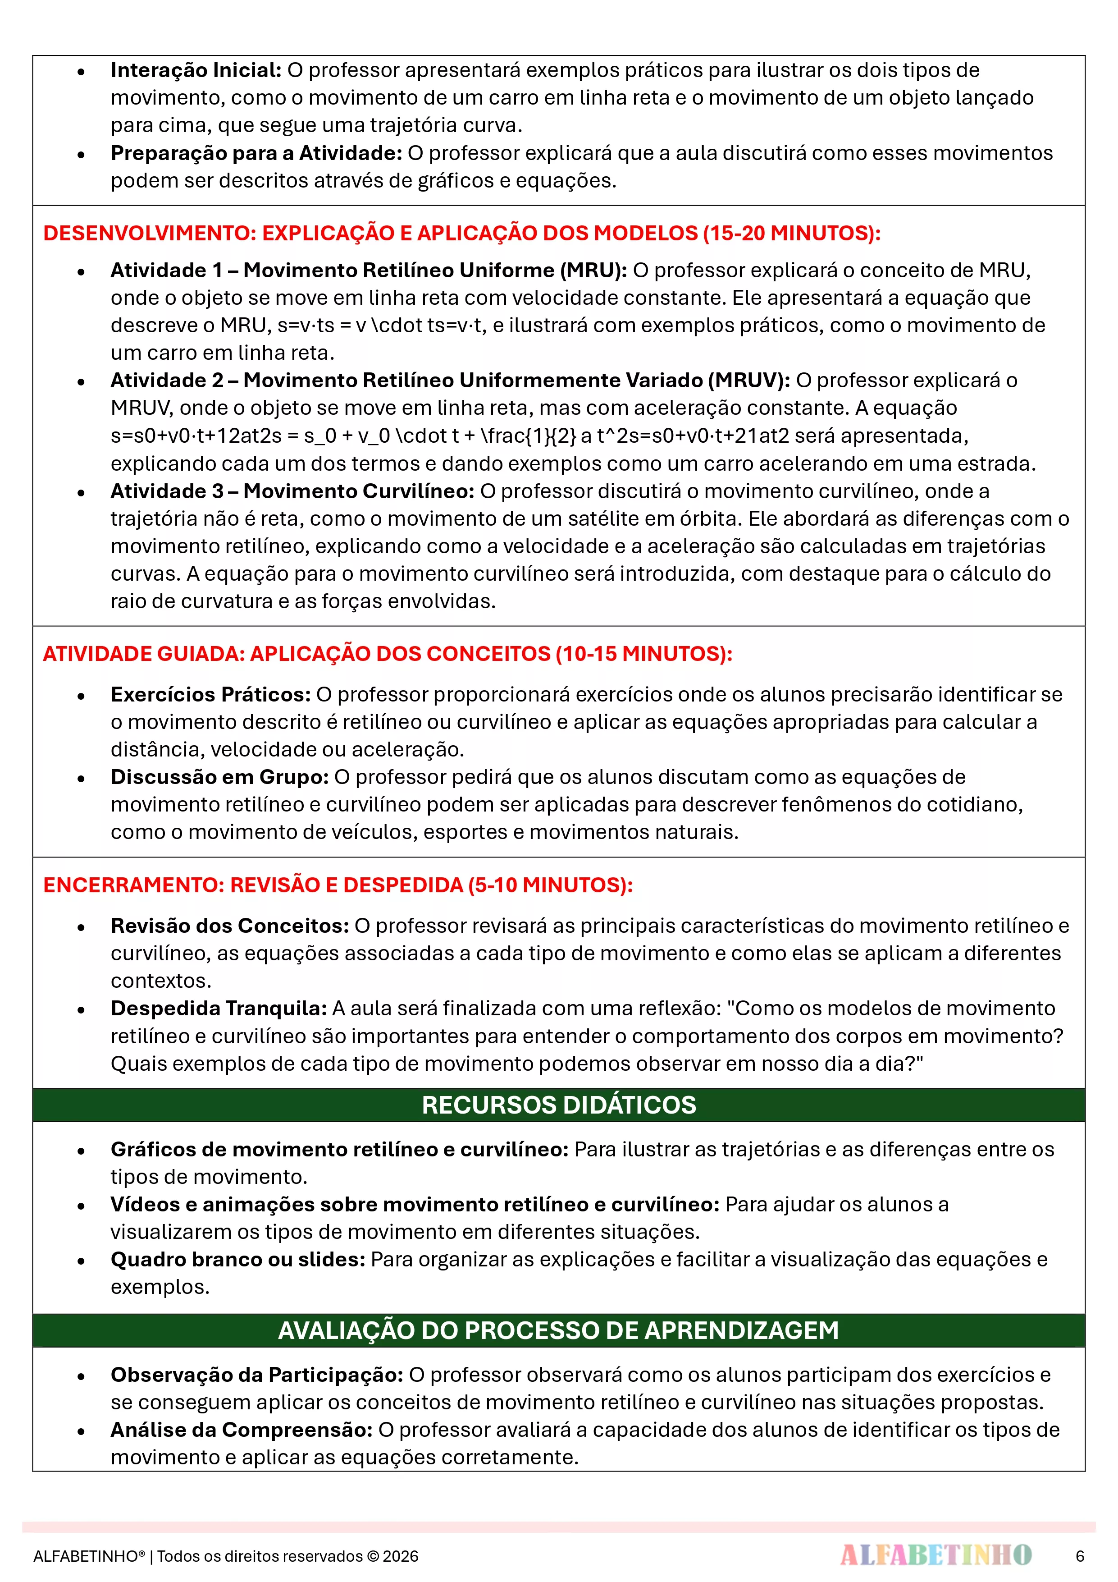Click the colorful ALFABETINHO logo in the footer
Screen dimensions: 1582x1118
(x=935, y=1555)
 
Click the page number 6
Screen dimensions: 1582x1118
(x=1079, y=1556)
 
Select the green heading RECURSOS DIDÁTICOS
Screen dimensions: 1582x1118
(x=559, y=1105)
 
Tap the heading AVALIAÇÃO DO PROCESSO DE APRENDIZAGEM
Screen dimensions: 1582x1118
(x=559, y=1330)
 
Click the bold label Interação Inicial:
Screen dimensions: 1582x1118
(x=196, y=70)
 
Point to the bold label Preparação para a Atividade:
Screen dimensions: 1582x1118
(x=256, y=153)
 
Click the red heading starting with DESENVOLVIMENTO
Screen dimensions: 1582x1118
(x=461, y=233)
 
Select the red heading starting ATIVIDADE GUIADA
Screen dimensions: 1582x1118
(x=387, y=653)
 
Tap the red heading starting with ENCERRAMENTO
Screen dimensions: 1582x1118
(x=338, y=885)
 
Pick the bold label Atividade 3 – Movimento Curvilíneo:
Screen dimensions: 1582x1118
(x=292, y=491)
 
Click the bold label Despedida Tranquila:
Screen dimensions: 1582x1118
(x=219, y=1009)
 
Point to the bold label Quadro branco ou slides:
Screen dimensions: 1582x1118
(x=237, y=1260)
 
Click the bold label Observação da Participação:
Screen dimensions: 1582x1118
(x=257, y=1375)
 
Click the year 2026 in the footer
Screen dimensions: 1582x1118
(x=400, y=1556)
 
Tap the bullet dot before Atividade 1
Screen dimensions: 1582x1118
(x=81, y=271)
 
